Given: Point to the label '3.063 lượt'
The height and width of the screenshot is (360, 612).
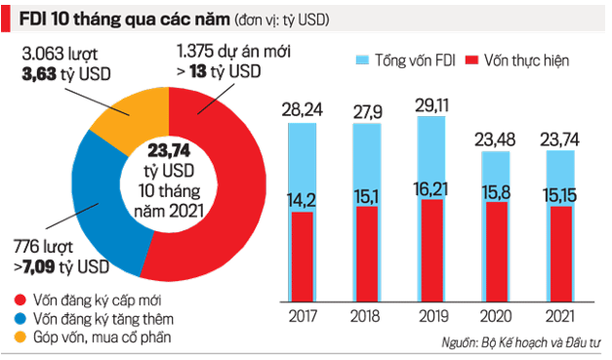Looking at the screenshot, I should point(60,49).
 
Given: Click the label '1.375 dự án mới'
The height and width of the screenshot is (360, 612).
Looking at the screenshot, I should point(232,49).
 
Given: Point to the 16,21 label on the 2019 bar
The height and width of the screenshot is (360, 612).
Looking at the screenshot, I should point(436,184).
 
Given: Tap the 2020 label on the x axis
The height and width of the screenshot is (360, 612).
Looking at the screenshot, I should point(497,317).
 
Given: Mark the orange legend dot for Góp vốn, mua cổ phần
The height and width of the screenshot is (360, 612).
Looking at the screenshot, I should point(19,338).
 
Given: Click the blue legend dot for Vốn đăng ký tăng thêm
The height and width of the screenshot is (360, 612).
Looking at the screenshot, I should point(19,318).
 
